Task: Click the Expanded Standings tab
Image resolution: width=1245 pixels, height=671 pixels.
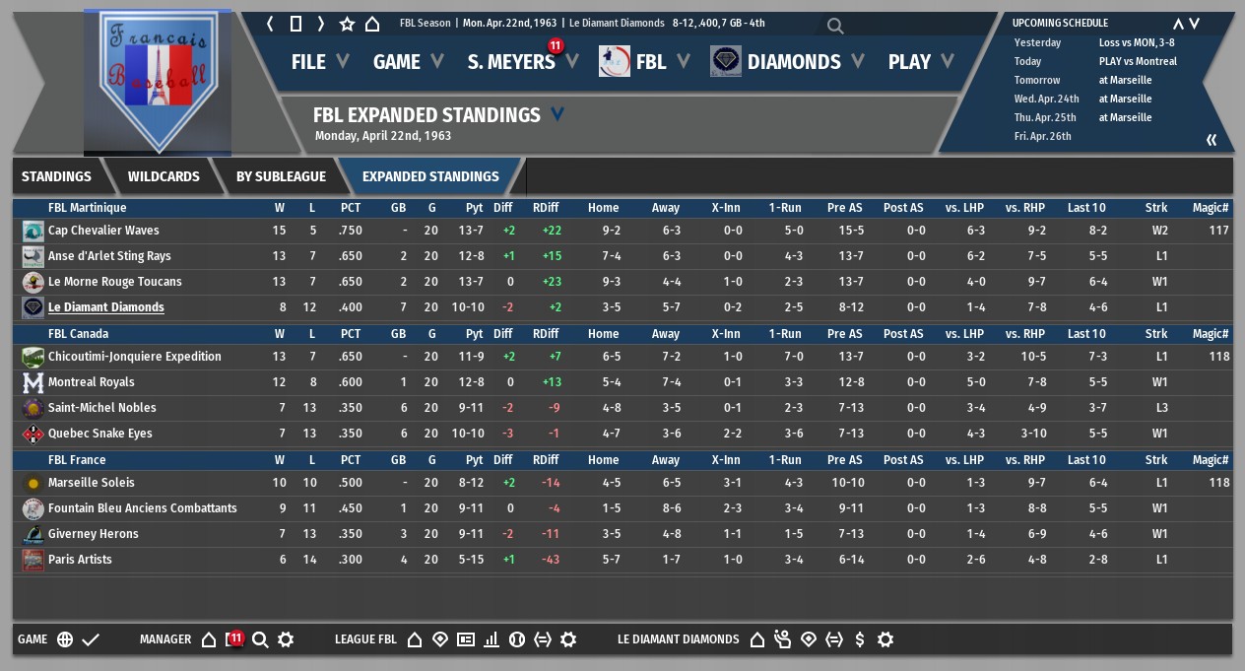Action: [x=430, y=177]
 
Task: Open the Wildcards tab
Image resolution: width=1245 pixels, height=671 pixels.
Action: [x=164, y=177]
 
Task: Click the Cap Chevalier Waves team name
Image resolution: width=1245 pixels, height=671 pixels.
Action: [x=103, y=231]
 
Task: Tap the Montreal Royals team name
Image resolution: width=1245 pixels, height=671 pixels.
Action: [x=92, y=382]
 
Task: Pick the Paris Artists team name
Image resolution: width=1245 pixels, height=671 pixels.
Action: [x=80, y=560]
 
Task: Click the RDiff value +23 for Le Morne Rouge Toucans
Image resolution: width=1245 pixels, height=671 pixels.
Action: [x=551, y=282]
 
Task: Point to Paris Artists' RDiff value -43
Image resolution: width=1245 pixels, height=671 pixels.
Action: [x=551, y=560]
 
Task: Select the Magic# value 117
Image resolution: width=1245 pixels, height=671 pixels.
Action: [x=1218, y=231]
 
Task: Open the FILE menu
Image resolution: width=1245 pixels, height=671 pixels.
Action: [x=308, y=62]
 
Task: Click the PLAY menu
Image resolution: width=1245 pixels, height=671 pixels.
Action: [x=909, y=62]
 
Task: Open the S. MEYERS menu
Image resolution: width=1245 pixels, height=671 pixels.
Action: [x=511, y=62]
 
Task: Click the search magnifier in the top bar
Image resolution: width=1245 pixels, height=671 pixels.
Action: [x=835, y=26]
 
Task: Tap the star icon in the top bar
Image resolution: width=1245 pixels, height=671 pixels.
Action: [x=347, y=24]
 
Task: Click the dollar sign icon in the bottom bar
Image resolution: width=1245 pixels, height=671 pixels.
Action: [x=860, y=639]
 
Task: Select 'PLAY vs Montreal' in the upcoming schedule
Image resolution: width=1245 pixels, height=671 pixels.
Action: [x=1138, y=61]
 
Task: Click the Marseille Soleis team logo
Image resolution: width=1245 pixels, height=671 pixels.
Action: [x=33, y=483]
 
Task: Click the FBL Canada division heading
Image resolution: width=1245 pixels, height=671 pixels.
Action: [x=79, y=334]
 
